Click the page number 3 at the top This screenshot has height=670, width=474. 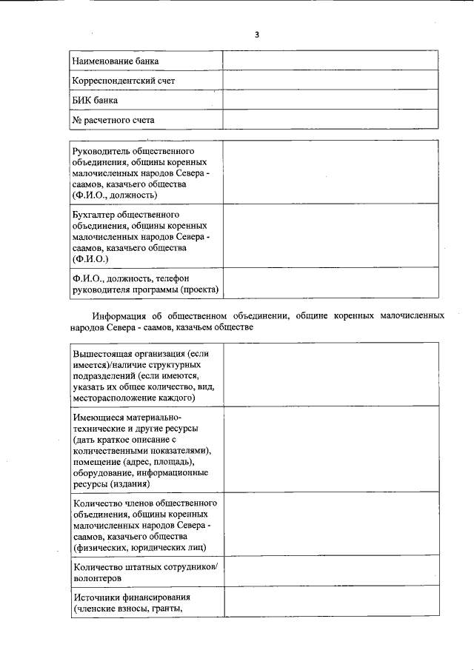click(x=257, y=34)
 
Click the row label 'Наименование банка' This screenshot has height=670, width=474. click(x=115, y=61)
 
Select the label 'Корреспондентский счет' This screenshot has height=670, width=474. click(x=123, y=80)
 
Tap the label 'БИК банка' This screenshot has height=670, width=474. click(x=96, y=100)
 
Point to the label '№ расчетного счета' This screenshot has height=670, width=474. click(x=113, y=119)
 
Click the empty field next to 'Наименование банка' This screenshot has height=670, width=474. click(x=330, y=61)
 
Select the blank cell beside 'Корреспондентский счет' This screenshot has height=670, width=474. click(x=330, y=80)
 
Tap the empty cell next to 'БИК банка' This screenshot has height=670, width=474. click(x=330, y=100)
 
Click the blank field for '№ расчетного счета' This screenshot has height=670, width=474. click(x=330, y=119)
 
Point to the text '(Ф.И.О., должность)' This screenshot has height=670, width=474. click(x=115, y=195)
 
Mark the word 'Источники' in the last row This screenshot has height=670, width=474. click(x=95, y=597)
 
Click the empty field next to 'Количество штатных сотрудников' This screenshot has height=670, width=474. click(x=330, y=572)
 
